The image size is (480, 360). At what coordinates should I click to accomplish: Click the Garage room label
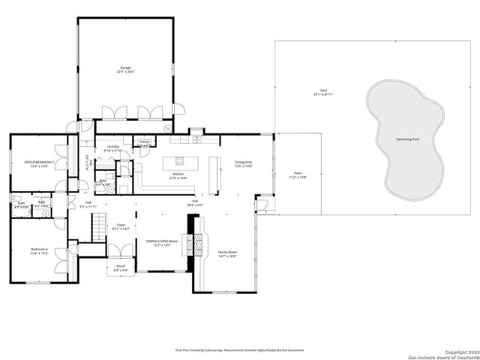click(124, 68)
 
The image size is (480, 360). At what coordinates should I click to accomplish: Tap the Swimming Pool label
click(407, 139)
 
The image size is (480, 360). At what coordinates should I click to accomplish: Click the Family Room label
click(226, 252)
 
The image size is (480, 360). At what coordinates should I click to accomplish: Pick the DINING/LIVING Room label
click(162, 241)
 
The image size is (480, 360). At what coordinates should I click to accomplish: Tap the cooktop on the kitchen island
click(180, 160)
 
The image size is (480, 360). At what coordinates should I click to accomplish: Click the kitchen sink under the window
click(196, 139)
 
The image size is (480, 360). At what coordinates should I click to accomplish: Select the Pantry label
click(144, 141)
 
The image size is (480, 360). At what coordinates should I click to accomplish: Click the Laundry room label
click(113, 147)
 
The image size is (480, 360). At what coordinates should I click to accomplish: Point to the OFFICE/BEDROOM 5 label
click(39, 162)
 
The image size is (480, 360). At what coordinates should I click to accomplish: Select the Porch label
click(120, 266)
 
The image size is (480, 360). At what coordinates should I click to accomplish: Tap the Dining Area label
click(243, 162)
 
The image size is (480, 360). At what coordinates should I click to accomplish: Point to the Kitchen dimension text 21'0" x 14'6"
click(178, 178)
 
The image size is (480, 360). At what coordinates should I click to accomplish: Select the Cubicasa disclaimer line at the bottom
click(239, 349)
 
